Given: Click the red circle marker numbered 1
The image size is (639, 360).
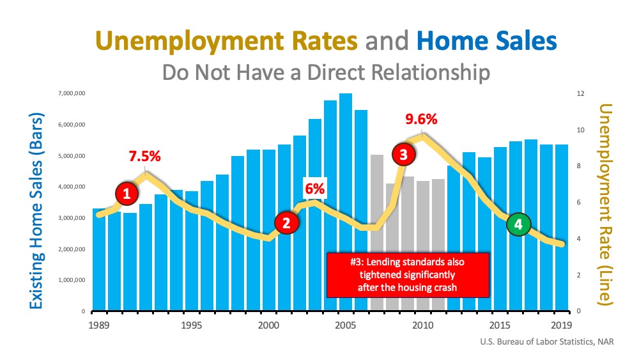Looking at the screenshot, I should [x=127, y=194].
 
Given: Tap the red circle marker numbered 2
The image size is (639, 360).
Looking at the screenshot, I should [x=286, y=223].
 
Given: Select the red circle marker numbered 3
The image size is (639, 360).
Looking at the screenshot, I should [x=403, y=154].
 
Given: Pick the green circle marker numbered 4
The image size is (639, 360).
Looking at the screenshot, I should [x=518, y=224].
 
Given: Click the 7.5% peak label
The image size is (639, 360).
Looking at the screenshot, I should [x=144, y=157].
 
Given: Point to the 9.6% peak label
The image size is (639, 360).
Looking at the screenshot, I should [x=421, y=119].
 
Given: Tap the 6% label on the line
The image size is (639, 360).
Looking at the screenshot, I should [x=314, y=189].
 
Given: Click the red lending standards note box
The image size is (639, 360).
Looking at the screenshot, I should [x=407, y=274].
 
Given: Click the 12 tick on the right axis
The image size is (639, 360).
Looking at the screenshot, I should [x=579, y=94].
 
